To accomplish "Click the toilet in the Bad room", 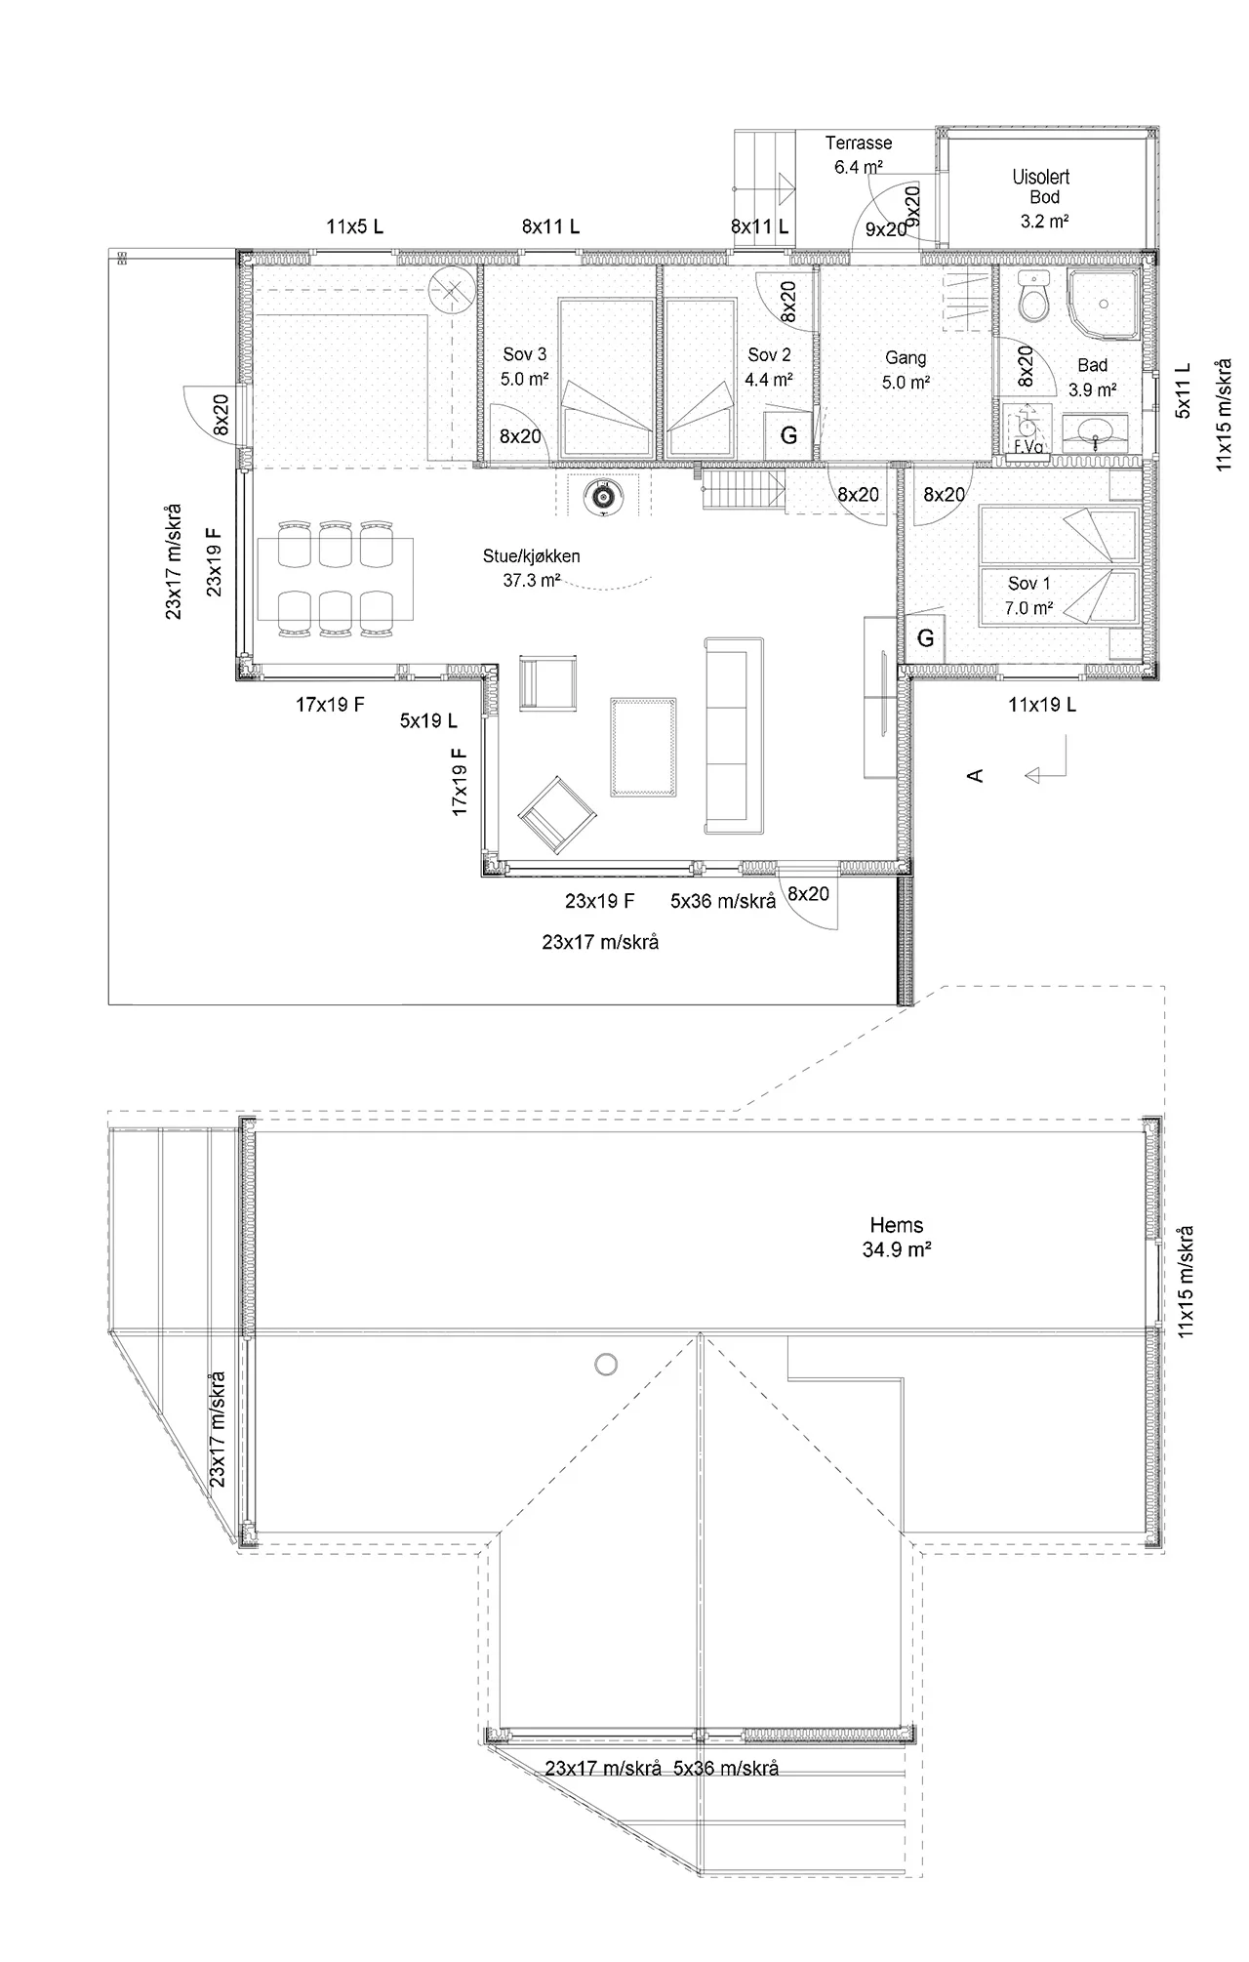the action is pos(1032,296).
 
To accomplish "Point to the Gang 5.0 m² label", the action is pos(905,370).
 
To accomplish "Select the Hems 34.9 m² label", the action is pos(896,1237).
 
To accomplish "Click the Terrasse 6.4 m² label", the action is pos(859,154).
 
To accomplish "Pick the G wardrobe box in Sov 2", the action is pos(788,435).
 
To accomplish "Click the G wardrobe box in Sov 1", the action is pos(925,638).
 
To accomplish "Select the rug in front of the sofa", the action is pos(643,747).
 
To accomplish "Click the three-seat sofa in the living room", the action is pos(734,735).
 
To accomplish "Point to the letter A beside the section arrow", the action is pos(973,775).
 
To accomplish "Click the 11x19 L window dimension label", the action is pos(1042,704).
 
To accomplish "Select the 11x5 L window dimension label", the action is pos(354,226).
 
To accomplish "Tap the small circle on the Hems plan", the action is pos(606,1364).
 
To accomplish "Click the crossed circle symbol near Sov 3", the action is pos(450,290).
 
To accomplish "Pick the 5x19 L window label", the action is pos(428,721).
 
